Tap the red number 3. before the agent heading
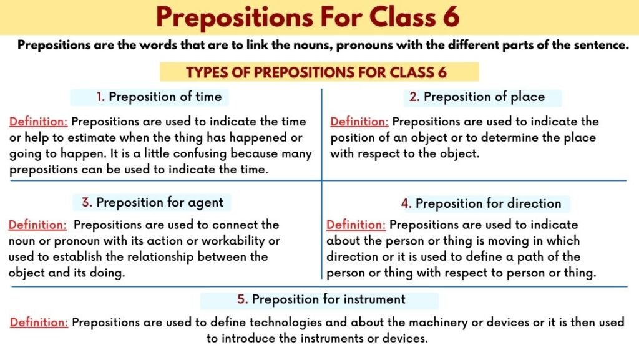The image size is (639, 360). pyautogui.click(x=87, y=203)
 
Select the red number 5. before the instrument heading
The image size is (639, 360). pyautogui.click(x=242, y=299)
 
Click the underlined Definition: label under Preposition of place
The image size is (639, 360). pyautogui.click(x=359, y=122)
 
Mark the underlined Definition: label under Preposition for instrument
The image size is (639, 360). pyautogui.click(x=39, y=323)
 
